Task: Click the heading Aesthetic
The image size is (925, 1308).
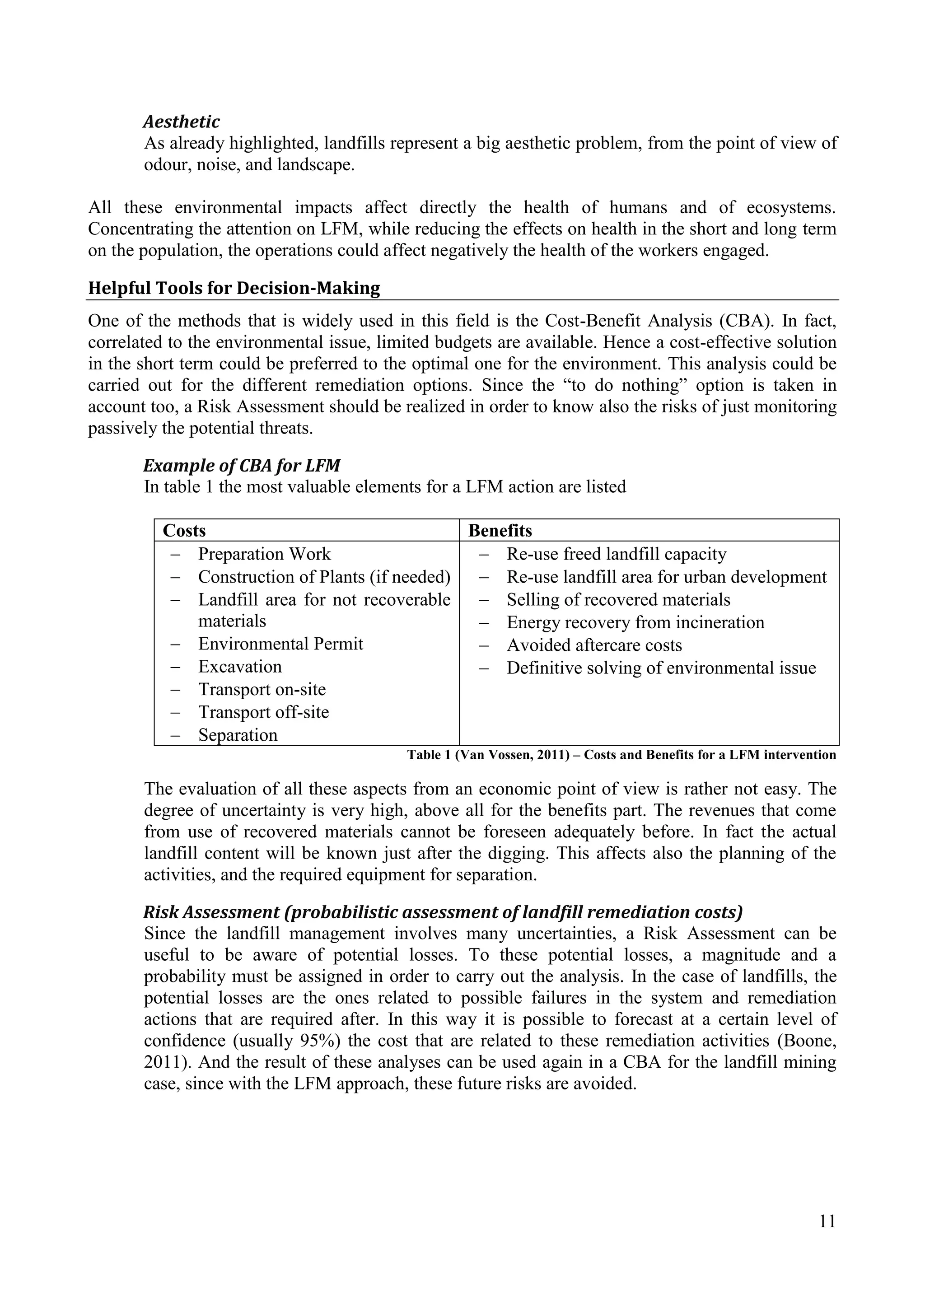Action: tap(181, 121)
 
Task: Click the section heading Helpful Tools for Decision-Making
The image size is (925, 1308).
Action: tap(234, 288)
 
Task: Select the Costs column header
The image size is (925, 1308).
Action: tap(184, 530)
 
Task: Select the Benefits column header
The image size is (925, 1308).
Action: tap(500, 530)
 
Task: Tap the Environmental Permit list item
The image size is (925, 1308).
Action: tap(280, 644)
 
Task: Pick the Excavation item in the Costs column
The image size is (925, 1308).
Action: tap(240, 667)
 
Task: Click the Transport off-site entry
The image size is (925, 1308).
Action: tap(263, 712)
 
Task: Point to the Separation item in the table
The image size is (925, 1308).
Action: tap(238, 735)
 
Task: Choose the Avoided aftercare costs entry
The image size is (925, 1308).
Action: tap(594, 645)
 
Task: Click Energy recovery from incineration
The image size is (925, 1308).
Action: tap(635, 622)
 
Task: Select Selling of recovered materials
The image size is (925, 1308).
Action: tap(618, 599)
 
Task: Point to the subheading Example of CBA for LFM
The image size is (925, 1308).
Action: tap(242, 466)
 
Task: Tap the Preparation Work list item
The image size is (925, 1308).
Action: tap(264, 554)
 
